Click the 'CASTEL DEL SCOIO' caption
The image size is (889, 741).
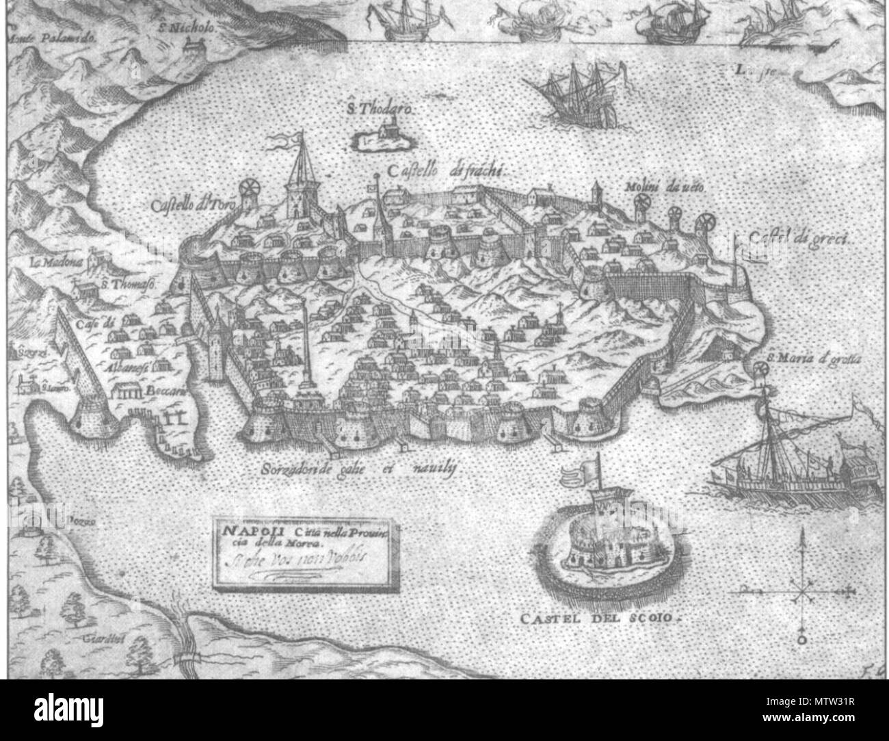tap(602, 619)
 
